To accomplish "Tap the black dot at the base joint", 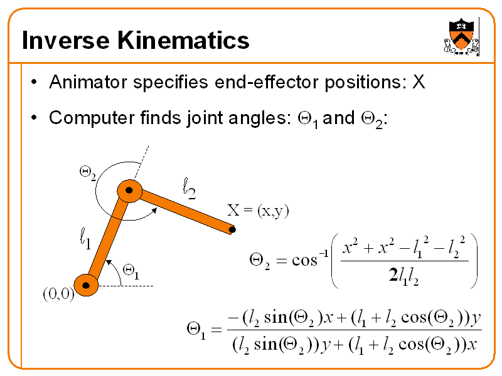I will pyautogui.click(x=86, y=286).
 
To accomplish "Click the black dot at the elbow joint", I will pyautogui.click(x=129, y=190).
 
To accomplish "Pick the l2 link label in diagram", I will pyautogui.click(x=188, y=188).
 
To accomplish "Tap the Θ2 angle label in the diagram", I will pyautogui.click(x=88, y=171).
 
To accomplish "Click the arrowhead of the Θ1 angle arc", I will pyautogui.click(x=109, y=260).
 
